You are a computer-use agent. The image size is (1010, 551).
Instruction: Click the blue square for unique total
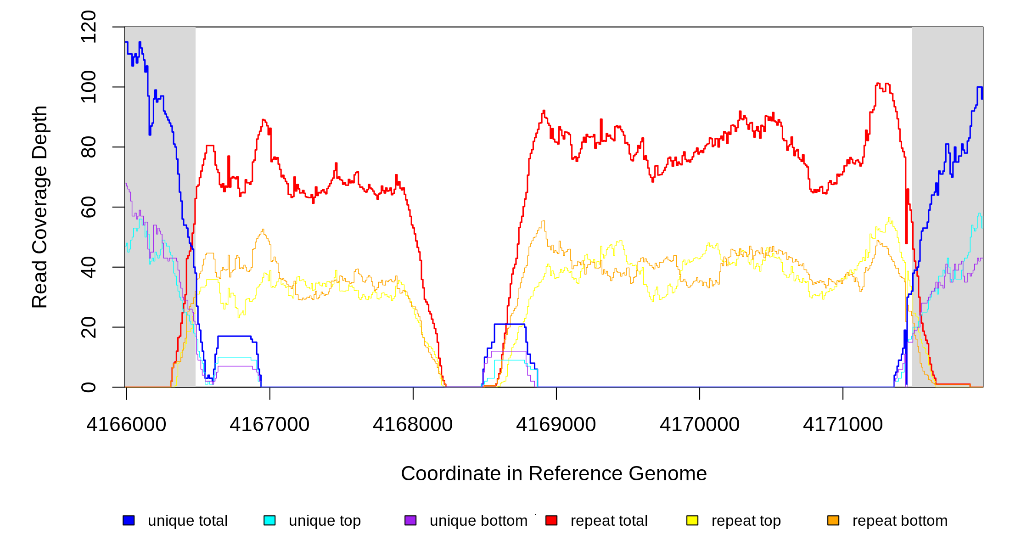(x=129, y=520)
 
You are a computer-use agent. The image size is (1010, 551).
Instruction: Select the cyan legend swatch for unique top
(x=269, y=520)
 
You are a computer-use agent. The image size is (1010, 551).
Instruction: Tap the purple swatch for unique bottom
(x=410, y=520)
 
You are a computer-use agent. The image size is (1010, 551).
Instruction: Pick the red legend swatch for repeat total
(x=551, y=520)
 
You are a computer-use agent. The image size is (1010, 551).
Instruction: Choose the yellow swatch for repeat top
(x=692, y=520)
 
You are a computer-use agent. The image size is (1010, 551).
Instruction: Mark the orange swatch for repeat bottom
(x=833, y=520)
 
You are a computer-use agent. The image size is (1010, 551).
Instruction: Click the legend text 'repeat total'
(x=609, y=521)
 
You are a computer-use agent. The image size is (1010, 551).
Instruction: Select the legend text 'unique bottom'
(x=478, y=521)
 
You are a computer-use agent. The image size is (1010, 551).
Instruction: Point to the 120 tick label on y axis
(x=89, y=27)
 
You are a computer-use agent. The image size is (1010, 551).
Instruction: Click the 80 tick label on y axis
(x=89, y=147)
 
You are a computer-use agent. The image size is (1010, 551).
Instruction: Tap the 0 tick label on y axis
(x=89, y=387)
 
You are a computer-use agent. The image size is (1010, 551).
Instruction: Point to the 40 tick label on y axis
(x=89, y=267)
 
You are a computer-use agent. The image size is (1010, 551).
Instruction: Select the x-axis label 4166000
(x=126, y=424)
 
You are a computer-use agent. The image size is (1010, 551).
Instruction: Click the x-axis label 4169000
(x=556, y=424)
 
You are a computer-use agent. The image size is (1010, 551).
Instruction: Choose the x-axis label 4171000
(x=843, y=424)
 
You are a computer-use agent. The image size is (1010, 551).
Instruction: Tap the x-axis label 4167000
(x=269, y=424)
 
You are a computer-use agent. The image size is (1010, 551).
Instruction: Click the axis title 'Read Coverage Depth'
(x=40, y=207)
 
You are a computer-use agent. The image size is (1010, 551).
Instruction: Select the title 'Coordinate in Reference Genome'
(x=554, y=473)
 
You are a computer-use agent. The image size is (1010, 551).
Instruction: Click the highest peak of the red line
(x=878, y=84)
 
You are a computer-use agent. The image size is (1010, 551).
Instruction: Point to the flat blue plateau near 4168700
(x=510, y=324)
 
